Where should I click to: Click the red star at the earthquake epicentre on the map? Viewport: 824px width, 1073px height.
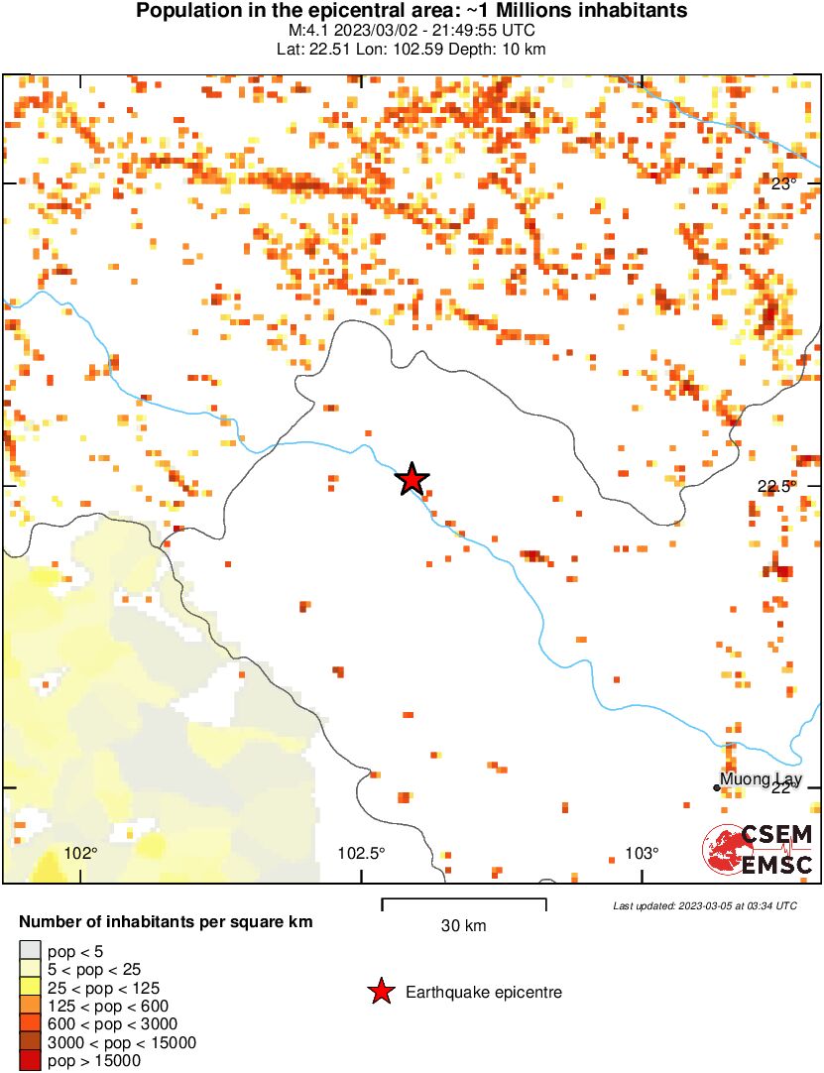point(412,479)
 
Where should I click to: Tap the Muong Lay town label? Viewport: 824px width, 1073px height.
point(761,779)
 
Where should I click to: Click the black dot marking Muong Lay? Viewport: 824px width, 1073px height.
point(717,787)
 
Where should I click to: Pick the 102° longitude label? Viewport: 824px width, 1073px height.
point(81,853)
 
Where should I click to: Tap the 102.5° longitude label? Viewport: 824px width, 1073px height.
point(362,853)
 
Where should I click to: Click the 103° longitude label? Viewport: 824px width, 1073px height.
point(642,853)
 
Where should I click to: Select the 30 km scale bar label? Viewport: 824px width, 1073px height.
point(463,926)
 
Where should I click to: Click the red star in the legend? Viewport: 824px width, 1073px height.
point(380,992)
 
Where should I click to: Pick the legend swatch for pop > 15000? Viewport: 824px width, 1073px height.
point(31,1061)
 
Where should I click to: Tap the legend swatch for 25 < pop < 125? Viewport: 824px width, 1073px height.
point(31,989)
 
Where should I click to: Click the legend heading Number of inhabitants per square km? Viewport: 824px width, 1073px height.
point(166,922)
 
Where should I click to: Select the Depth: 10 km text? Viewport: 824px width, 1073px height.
point(506,49)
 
